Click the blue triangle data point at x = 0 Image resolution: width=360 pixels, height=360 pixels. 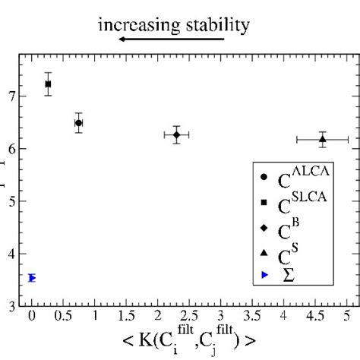point(32,278)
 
